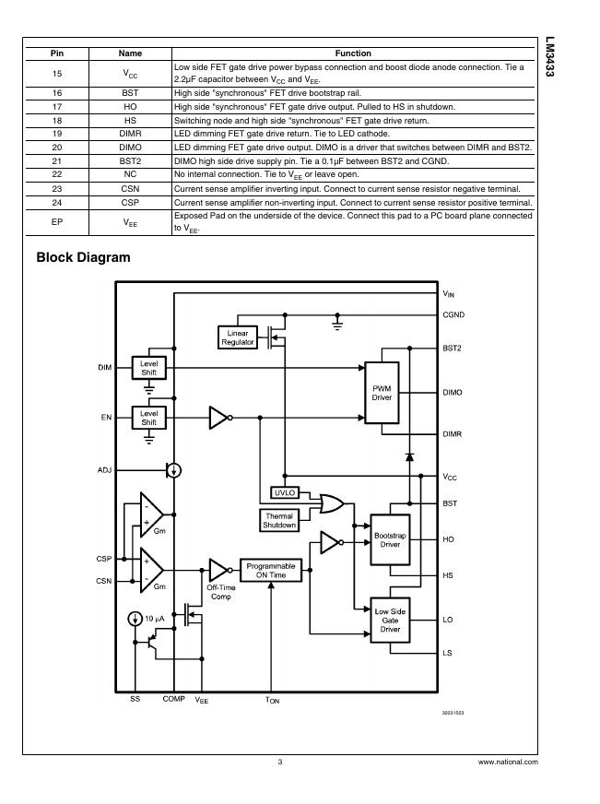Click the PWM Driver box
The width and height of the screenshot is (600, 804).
382,393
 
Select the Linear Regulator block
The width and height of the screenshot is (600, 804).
237,337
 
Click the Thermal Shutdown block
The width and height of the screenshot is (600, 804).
280,520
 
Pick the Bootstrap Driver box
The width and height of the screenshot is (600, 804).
389,540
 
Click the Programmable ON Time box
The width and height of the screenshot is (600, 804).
271,570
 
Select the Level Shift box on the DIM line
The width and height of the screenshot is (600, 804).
148,368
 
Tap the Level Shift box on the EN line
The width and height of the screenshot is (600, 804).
148,418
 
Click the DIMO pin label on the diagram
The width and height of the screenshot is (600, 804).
453,393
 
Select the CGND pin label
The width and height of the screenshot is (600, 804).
453,315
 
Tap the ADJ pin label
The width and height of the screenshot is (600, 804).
104,470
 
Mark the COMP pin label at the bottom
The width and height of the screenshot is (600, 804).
173,700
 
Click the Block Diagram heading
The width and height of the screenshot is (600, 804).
83,257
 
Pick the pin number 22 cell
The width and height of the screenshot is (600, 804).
56,174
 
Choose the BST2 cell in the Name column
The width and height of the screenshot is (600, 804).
130,160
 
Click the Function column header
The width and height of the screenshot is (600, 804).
352,53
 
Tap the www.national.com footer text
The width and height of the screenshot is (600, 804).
508,763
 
